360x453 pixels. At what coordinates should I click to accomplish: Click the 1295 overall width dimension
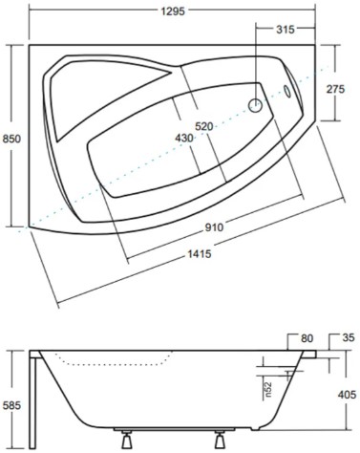[173, 11]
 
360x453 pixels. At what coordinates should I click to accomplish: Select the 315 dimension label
[286, 30]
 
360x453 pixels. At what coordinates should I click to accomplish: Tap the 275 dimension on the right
[335, 89]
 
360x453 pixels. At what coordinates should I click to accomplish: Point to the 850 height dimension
[11, 139]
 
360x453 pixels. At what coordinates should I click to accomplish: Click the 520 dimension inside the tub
[204, 126]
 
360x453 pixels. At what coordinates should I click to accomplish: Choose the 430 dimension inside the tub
[184, 138]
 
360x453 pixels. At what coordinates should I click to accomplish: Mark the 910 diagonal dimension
[214, 227]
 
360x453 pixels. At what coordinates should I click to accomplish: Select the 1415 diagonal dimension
[200, 254]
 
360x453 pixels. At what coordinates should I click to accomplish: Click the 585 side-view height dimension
[11, 405]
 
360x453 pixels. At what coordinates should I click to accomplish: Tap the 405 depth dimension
[347, 395]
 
